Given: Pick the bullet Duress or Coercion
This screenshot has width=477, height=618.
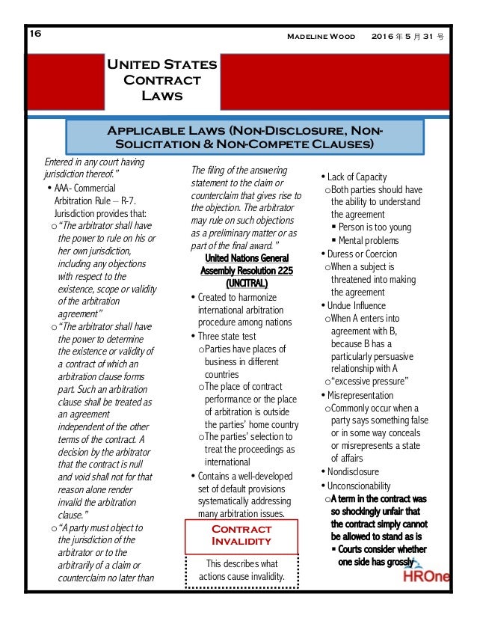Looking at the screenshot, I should [x=362, y=254].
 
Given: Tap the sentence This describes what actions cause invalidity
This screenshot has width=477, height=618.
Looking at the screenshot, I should [x=241, y=569].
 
